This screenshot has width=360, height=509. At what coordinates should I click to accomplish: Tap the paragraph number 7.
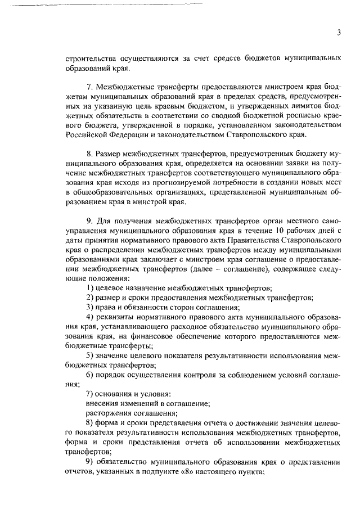[x=89, y=88]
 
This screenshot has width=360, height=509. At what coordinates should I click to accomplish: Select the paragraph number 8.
[x=89, y=154]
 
